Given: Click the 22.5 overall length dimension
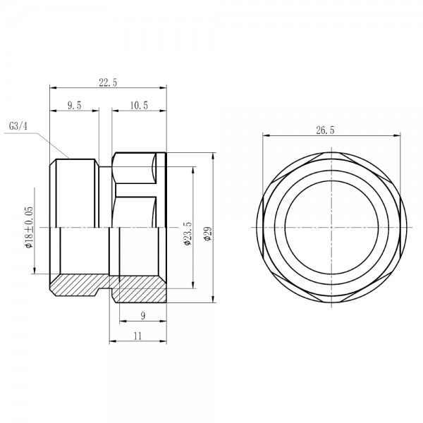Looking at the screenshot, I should click(x=108, y=82).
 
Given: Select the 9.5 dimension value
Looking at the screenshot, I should click(x=74, y=104).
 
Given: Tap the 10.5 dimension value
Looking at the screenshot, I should click(x=139, y=104).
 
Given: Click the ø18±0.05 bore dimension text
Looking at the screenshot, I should click(x=29, y=227).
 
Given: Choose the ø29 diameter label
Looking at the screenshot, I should click(x=207, y=234).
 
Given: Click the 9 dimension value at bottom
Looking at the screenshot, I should click(x=143, y=316).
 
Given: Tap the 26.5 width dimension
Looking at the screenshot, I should click(x=326, y=130).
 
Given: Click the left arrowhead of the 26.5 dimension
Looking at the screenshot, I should click(x=265, y=136).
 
